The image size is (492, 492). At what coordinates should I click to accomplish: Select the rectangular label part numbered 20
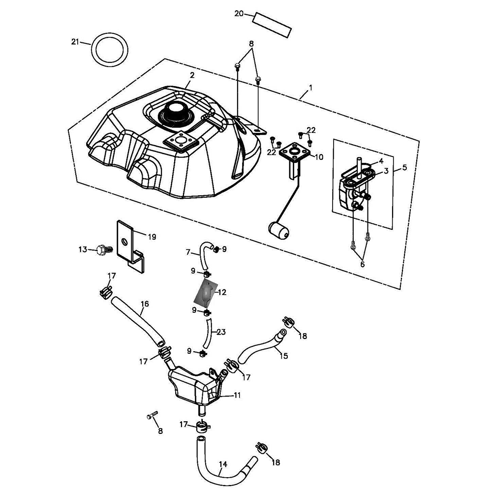[272, 24]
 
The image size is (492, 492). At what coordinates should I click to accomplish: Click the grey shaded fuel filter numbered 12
[206, 293]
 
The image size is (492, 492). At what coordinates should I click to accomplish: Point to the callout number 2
[192, 75]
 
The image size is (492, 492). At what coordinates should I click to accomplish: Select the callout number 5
[404, 167]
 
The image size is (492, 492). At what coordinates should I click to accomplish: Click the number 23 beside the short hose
[220, 332]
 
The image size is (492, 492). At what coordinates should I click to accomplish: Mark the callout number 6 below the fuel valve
[363, 264]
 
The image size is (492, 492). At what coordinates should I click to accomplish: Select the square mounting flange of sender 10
[295, 152]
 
